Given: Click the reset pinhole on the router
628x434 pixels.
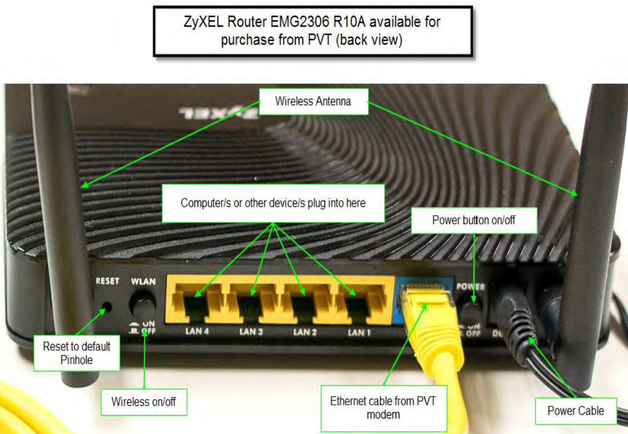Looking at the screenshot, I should (x=106, y=307).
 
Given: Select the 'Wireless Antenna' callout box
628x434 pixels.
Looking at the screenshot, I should (x=313, y=101).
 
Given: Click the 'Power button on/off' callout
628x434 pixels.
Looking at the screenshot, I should (x=474, y=220).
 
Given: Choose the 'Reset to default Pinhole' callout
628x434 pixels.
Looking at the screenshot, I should (x=77, y=353).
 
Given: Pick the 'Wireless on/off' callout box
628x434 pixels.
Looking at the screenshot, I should (x=144, y=402).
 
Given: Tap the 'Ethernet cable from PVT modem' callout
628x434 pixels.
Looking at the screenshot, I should (x=383, y=407).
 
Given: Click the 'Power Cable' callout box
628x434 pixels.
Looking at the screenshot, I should (x=575, y=410).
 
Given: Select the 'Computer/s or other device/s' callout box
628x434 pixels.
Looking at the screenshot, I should (x=273, y=203).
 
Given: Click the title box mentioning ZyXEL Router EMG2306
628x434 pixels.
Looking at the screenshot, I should (x=312, y=31).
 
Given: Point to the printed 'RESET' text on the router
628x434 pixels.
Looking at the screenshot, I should (x=107, y=281).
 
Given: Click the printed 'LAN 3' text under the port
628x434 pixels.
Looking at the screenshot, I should (x=251, y=332).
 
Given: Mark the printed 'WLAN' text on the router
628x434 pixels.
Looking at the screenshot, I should (x=143, y=282).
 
